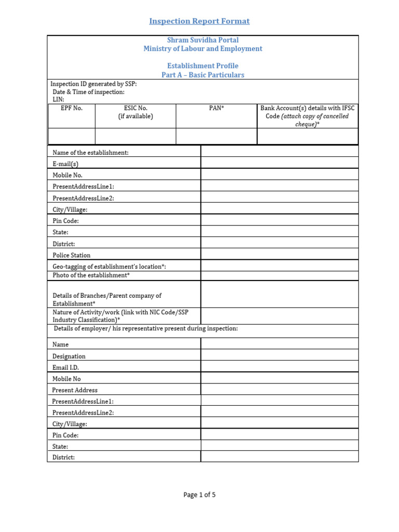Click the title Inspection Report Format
199,21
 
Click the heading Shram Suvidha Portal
203,40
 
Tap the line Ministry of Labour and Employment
203,49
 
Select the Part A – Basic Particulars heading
203,75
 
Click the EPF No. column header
72,109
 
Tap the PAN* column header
217,109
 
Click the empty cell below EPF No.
72,136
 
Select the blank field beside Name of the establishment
280,152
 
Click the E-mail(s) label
65,164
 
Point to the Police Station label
71,255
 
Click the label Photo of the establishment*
91,275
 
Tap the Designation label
69,356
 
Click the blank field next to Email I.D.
280,367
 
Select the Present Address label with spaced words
75,390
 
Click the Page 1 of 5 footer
199,495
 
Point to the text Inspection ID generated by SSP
94,84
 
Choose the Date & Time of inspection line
88,92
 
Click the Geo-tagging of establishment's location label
109,267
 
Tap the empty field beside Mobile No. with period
280,175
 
